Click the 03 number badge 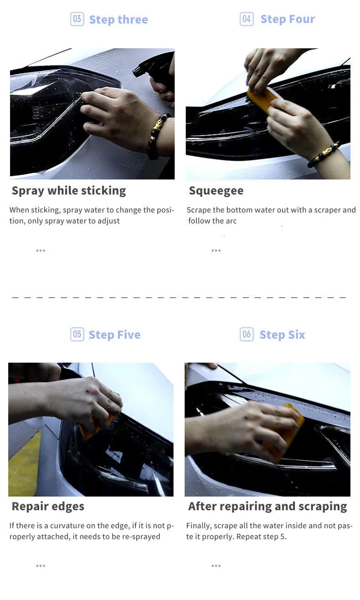[x=77, y=19]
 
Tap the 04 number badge [x=247, y=19]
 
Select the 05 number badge [x=77, y=334]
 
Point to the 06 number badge [x=247, y=334]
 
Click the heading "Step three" [x=118, y=20]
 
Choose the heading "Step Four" [x=288, y=19]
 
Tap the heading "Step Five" [x=115, y=334]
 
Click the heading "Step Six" [x=283, y=334]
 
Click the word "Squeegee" [x=216, y=191]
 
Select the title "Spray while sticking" [x=69, y=191]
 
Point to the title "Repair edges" [x=48, y=507]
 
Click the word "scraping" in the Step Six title [x=323, y=507]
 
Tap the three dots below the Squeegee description [x=216, y=251]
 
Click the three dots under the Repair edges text [x=41, y=566]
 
